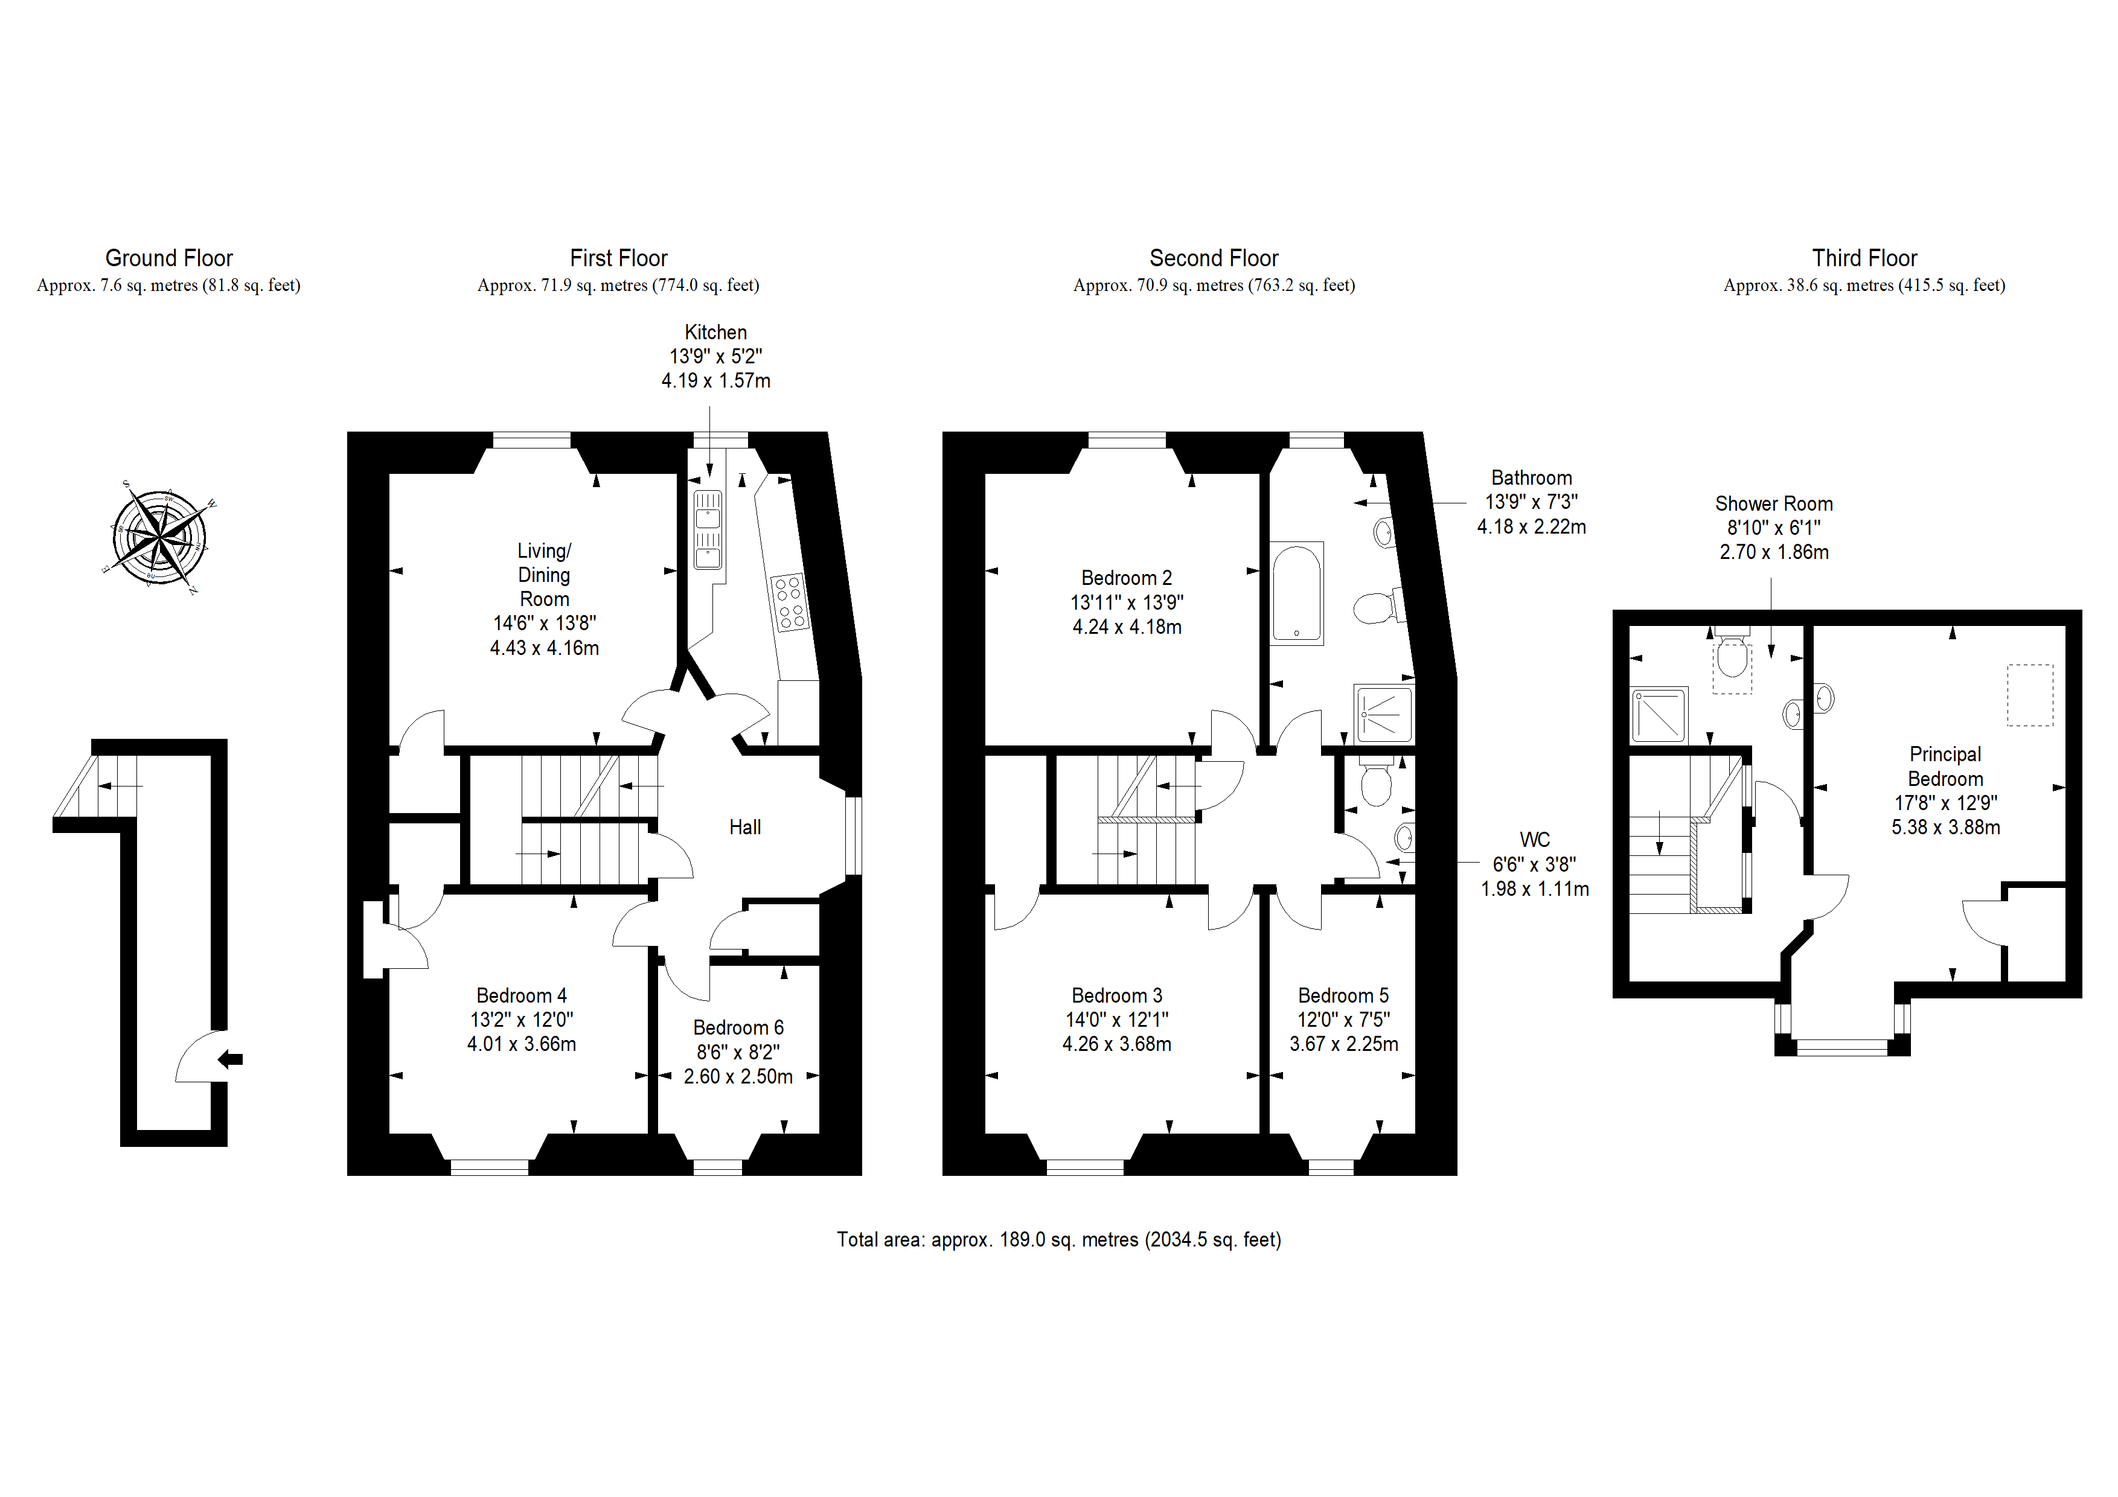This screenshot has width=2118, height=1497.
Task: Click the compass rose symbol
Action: (x=159, y=537)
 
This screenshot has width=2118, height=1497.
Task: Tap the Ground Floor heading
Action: (x=169, y=258)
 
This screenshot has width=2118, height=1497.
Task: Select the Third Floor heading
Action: (x=1864, y=258)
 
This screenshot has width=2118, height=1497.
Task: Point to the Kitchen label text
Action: (x=716, y=332)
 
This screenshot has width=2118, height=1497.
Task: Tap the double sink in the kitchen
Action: (x=708, y=531)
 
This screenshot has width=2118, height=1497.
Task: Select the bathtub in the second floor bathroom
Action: (x=1297, y=592)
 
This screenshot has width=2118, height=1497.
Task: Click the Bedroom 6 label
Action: (x=738, y=1027)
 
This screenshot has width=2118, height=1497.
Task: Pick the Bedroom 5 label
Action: (x=1343, y=996)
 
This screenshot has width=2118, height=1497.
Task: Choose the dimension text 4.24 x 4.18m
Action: (x=1127, y=627)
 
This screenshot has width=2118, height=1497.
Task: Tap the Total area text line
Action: (x=1059, y=1240)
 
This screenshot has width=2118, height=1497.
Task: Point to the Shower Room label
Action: (x=1774, y=503)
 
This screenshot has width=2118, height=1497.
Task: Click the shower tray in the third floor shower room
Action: (x=1660, y=715)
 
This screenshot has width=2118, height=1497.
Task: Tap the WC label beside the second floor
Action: (x=1535, y=840)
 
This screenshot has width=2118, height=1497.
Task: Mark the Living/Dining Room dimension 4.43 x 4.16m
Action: (x=544, y=648)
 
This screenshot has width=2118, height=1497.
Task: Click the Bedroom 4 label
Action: (x=521, y=996)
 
